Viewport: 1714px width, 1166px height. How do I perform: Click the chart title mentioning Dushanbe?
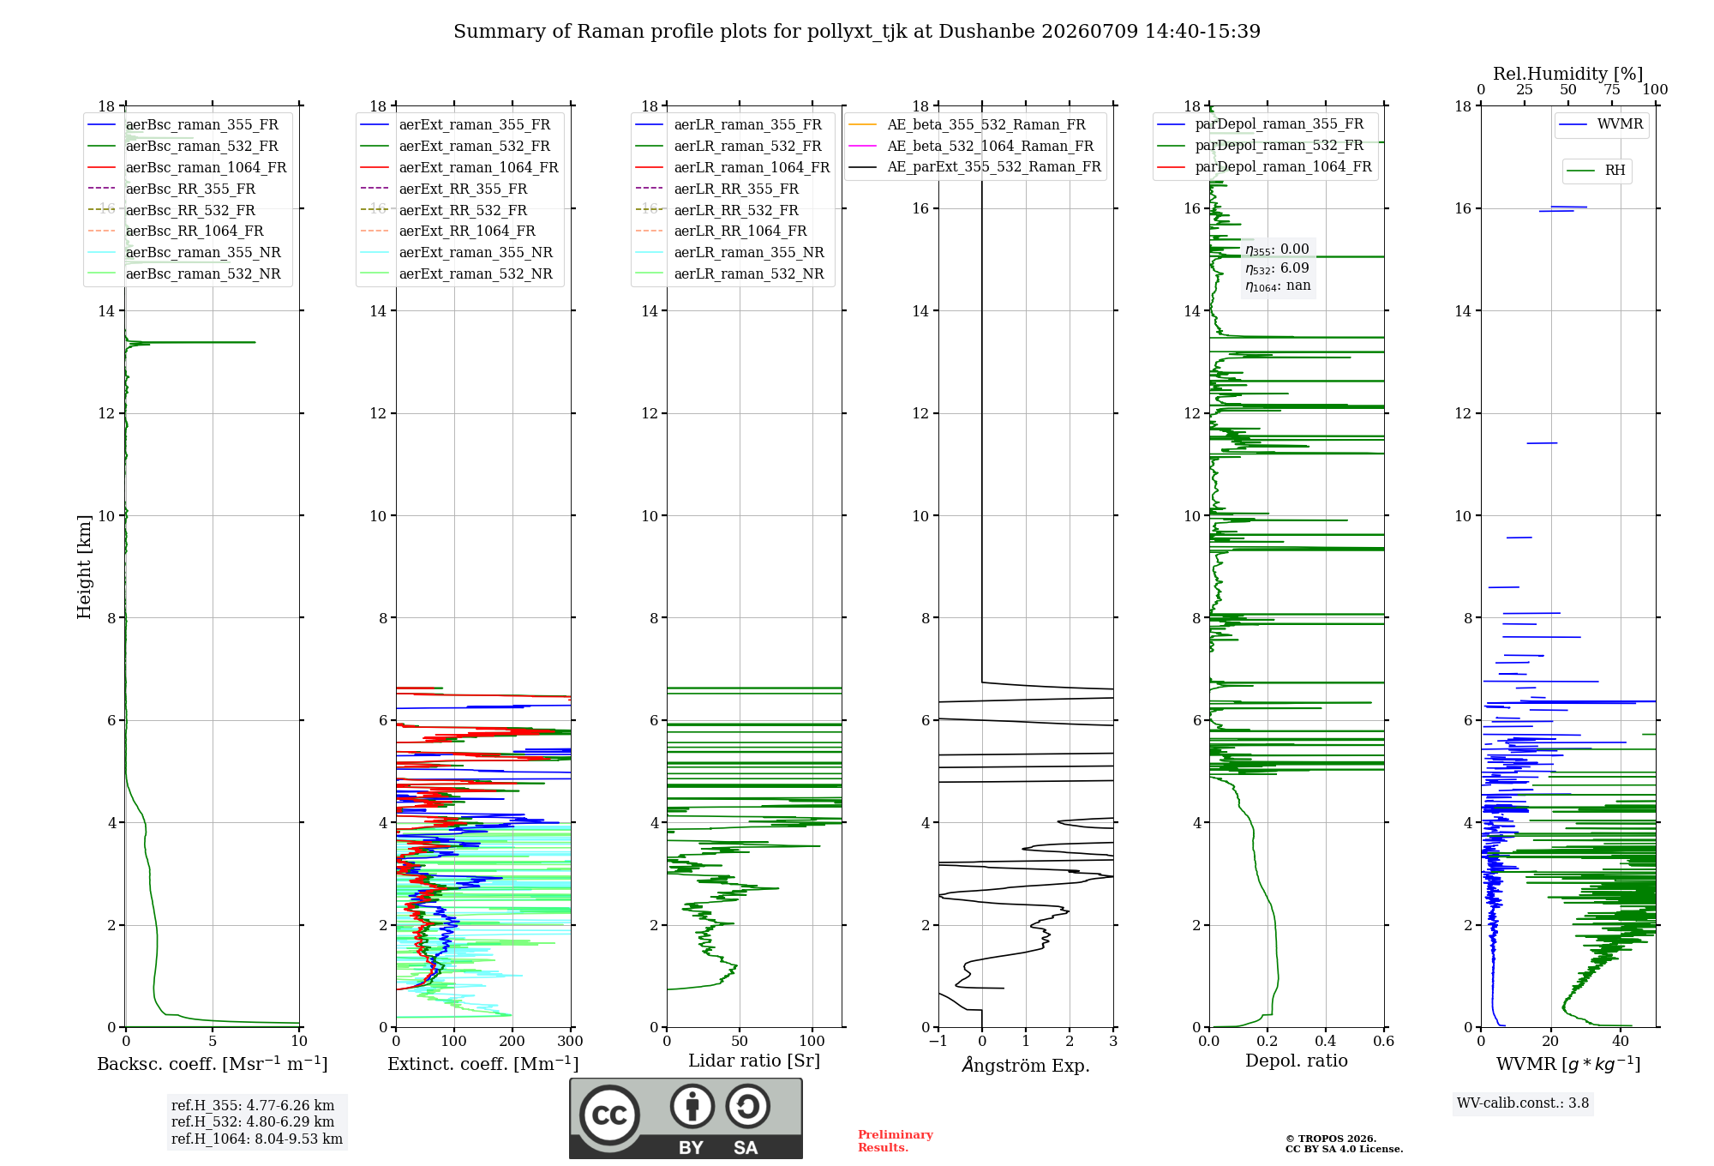point(857,32)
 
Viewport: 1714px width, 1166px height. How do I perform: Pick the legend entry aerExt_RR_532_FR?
point(463,210)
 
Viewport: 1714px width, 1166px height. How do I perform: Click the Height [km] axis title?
point(84,567)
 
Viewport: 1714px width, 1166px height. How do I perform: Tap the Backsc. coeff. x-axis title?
point(213,1064)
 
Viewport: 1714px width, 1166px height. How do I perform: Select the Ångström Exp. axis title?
point(1026,1065)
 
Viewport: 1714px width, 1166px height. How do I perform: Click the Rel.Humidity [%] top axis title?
point(1567,74)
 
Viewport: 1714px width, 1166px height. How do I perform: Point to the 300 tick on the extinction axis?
point(570,1042)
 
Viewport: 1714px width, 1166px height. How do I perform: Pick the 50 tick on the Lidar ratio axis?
point(740,1042)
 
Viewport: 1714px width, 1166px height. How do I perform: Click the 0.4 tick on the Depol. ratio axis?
point(1326,1042)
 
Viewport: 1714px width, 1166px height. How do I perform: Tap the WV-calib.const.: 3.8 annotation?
point(1523,1103)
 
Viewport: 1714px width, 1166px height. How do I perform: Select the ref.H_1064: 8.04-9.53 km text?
point(257,1139)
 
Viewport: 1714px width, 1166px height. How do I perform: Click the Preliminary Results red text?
point(896,1141)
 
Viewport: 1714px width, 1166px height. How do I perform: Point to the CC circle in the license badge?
point(609,1115)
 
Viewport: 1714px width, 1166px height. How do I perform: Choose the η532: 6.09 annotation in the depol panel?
point(1277,268)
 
